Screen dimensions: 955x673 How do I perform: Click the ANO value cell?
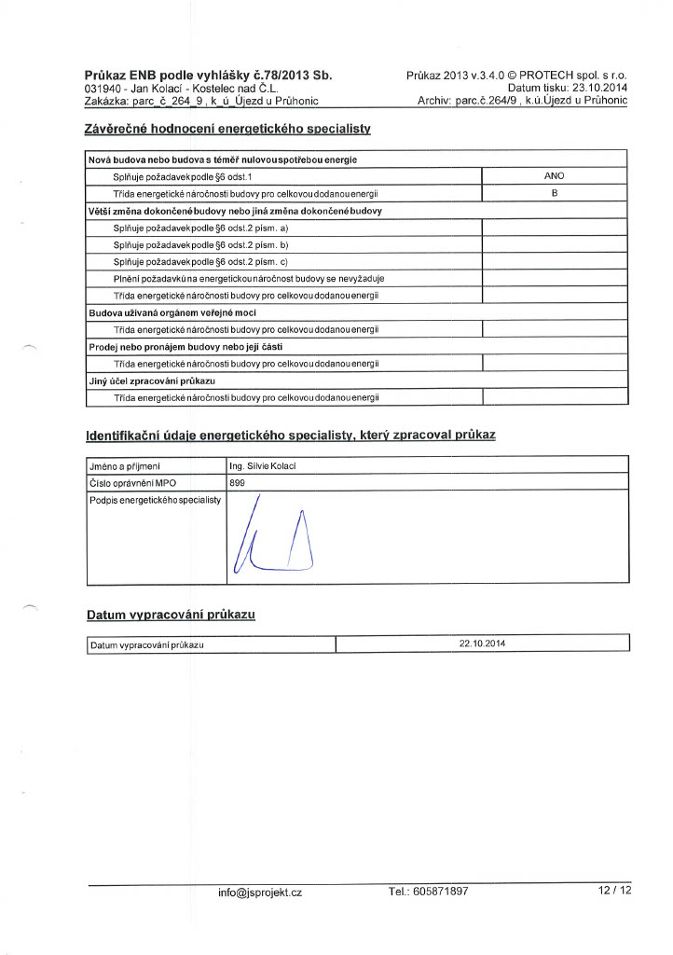pos(554,175)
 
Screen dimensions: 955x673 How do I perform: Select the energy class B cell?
pos(554,193)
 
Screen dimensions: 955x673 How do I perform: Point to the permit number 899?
pos(238,483)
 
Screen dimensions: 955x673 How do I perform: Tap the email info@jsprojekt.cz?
pos(260,892)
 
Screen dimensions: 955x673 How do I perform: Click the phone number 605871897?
pos(428,892)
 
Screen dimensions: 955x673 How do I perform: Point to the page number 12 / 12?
pos(615,891)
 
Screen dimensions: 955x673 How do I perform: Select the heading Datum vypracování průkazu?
pos(171,616)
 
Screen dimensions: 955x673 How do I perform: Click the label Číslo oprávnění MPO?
pos(132,483)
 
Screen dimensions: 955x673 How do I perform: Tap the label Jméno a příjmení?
pos(126,465)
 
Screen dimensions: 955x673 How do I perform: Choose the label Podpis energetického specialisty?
pos(155,501)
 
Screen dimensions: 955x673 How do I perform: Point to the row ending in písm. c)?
pos(200,261)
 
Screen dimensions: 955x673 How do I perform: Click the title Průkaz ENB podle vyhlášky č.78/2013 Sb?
pos(209,75)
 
